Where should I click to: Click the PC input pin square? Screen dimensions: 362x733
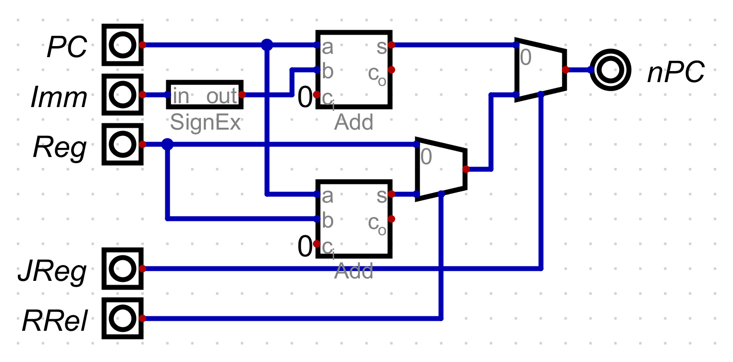click(123, 45)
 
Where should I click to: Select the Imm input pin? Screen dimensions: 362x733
click(123, 95)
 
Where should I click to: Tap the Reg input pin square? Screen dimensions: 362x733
click(123, 144)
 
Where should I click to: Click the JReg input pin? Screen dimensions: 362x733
click(123, 269)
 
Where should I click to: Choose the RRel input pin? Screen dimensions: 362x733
click(123, 318)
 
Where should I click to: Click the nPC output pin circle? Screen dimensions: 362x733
click(610, 70)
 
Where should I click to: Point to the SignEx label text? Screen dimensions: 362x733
click(205, 123)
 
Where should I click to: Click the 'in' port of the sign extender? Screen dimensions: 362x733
click(181, 96)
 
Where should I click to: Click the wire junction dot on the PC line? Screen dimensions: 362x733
click(267, 45)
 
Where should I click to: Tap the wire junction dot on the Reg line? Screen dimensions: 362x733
click(167, 144)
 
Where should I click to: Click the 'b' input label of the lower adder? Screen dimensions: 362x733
click(328, 220)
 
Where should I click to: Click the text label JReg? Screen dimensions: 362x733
click(53, 272)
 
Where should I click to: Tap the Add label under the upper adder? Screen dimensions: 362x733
click(354, 123)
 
